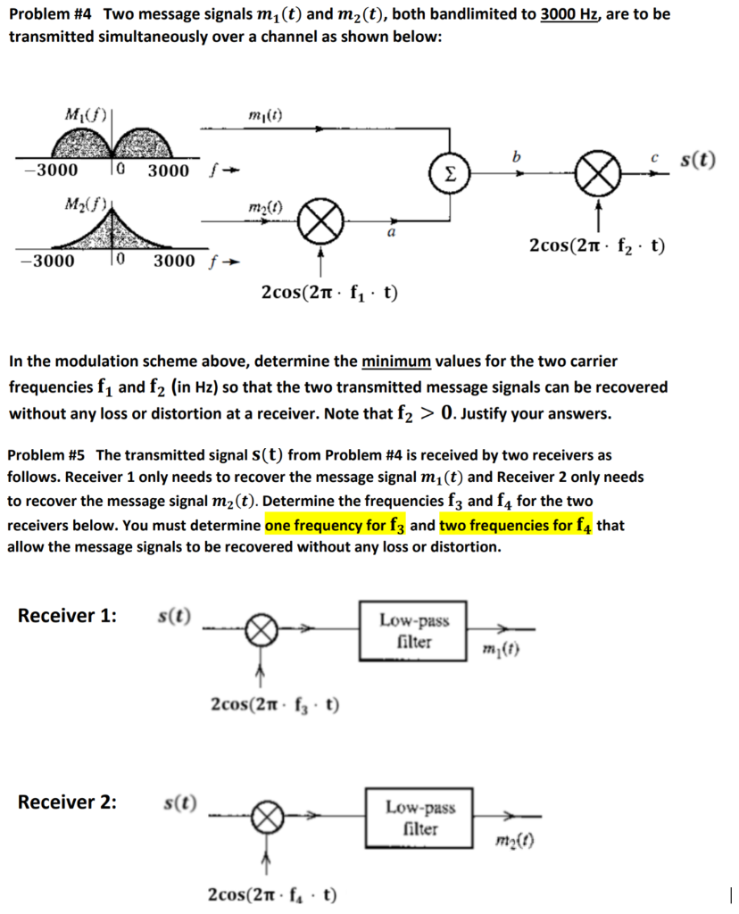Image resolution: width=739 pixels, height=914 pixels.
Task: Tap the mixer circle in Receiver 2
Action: click(x=266, y=817)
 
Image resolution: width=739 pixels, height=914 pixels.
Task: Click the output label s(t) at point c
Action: click(x=698, y=161)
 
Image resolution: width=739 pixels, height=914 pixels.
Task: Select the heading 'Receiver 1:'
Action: click(x=67, y=616)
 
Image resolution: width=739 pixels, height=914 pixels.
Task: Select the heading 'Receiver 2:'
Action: click(x=67, y=802)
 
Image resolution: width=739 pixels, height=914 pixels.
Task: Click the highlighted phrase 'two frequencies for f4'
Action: click(x=516, y=525)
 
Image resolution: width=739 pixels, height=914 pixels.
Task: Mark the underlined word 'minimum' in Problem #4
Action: click(x=395, y=362)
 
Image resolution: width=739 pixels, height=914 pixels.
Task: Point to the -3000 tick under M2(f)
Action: click(x=47, y=262)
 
